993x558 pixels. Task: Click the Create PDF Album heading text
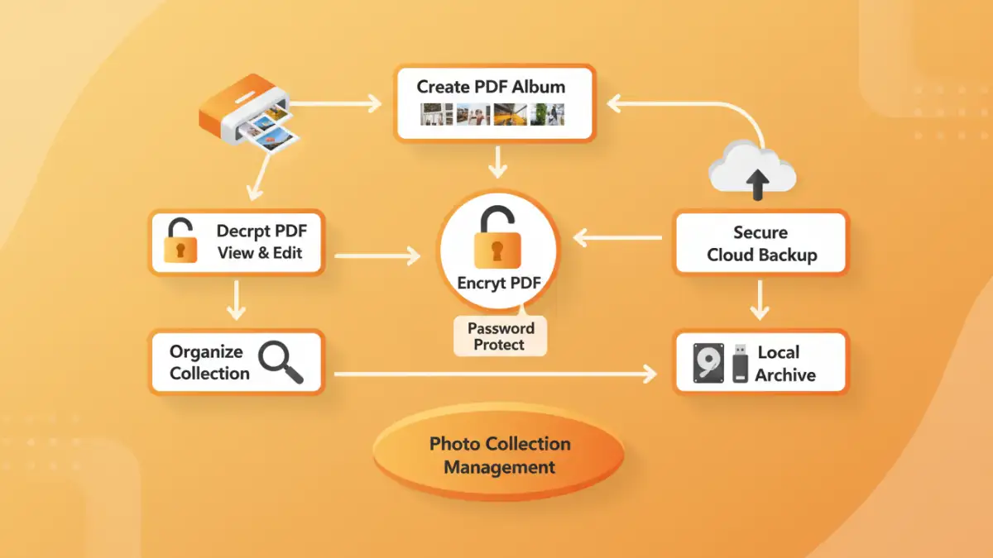[491, 86]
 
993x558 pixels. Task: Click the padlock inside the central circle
[497, 239]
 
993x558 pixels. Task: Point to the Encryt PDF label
[498, 284]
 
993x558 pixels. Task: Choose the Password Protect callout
[501, 336]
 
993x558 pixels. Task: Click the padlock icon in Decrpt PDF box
[181, 241]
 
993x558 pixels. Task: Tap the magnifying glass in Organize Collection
[280, 363]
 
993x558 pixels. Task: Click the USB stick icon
[740, 363]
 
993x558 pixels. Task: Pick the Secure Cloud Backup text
[760, 244]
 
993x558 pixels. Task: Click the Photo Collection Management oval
[499, 455]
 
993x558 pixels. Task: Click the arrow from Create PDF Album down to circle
[496, 162]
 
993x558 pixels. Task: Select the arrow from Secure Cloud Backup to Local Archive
[760, 299]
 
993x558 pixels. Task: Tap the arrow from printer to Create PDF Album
[335, 104]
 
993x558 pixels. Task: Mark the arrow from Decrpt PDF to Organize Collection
[236, 300]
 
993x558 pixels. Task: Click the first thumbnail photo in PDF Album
[436, 114]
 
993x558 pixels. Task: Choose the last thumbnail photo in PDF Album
[548, 114]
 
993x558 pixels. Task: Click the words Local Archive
[785, 364]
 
